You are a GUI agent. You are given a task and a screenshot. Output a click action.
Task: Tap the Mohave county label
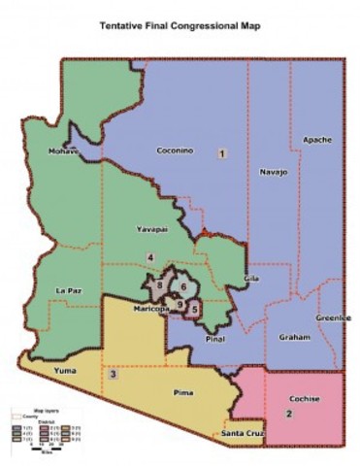tap(63, 152)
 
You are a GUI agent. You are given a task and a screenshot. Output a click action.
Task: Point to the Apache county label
tap(317, 140)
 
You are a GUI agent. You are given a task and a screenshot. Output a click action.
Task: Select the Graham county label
tap(292, 337)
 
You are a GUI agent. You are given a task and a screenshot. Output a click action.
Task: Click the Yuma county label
tap(38, 367)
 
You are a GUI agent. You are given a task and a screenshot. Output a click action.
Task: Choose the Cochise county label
tap(305, 398)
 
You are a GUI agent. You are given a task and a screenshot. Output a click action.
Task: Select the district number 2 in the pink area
tap(288, 415)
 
